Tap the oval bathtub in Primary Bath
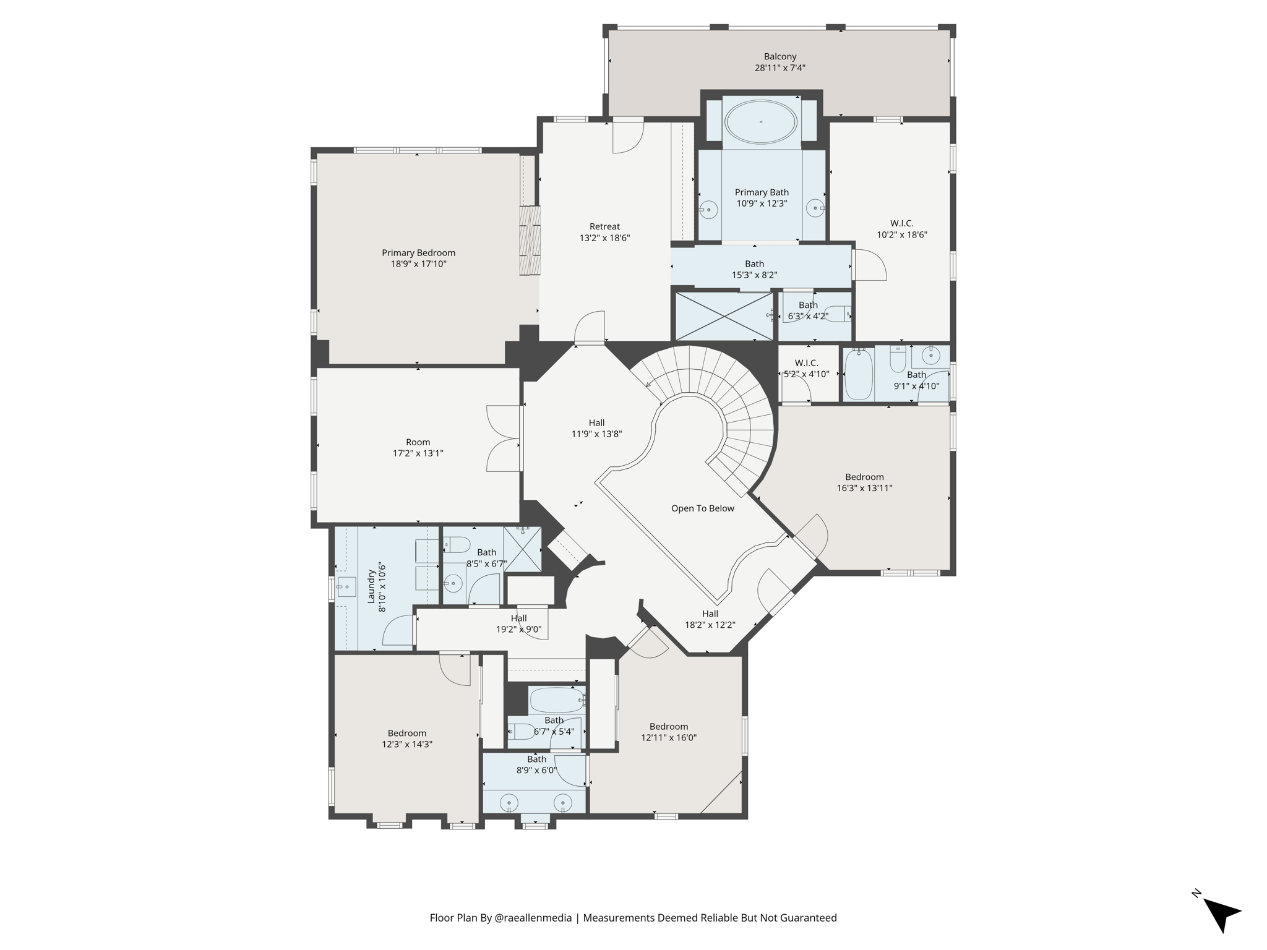[x=761, y=122]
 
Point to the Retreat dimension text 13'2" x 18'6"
[x=604, y=238]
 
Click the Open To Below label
[x=703, y=508]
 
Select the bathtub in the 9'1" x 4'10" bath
[x=859, y=374]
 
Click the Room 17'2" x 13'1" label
[x=418, y=448]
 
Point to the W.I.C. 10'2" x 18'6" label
[x=902, y=229]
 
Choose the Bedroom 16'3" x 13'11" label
[x=864, y=482]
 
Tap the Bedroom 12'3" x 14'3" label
[x=407, y=738]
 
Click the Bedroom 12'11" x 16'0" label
[x=669, y=732]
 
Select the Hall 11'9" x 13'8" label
[x=596, y=429]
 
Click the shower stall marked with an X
[x=724, y=316]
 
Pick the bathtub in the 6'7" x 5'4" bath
[x=557, y=701]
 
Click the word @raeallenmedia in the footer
[x=533, y=918]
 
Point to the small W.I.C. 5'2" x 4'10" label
[x=806, y=369]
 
